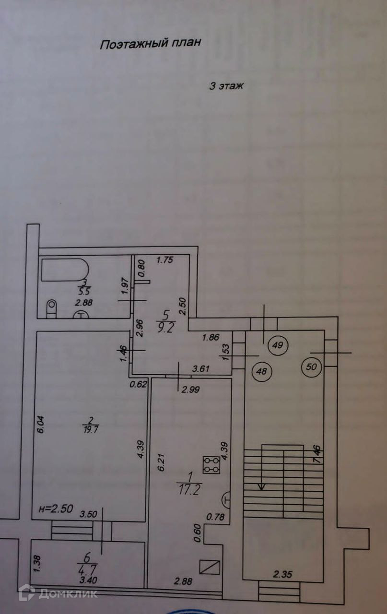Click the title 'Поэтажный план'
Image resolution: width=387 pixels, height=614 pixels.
point(150,44)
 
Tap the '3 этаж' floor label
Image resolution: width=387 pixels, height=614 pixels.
point(227,86)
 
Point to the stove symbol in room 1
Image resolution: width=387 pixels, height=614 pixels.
point(211,464)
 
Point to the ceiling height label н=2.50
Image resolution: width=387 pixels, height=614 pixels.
point(56,509)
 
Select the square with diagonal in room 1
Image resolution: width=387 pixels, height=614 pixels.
point(211,567)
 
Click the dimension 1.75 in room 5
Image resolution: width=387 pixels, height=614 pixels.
point(165,260)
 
